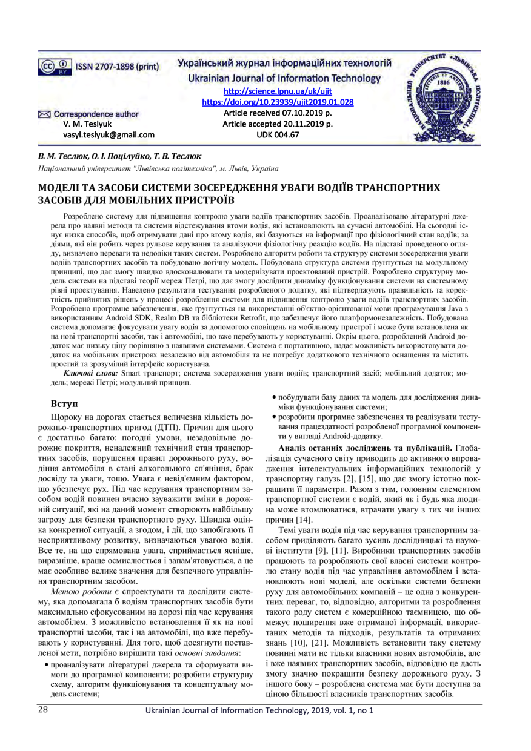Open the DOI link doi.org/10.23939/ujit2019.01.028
[x=277, y=102]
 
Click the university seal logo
[x=446, y=93]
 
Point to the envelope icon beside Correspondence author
[x=45, y=114]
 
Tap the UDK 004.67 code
[x=278, y=134]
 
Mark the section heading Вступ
[x=64, y=403]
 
